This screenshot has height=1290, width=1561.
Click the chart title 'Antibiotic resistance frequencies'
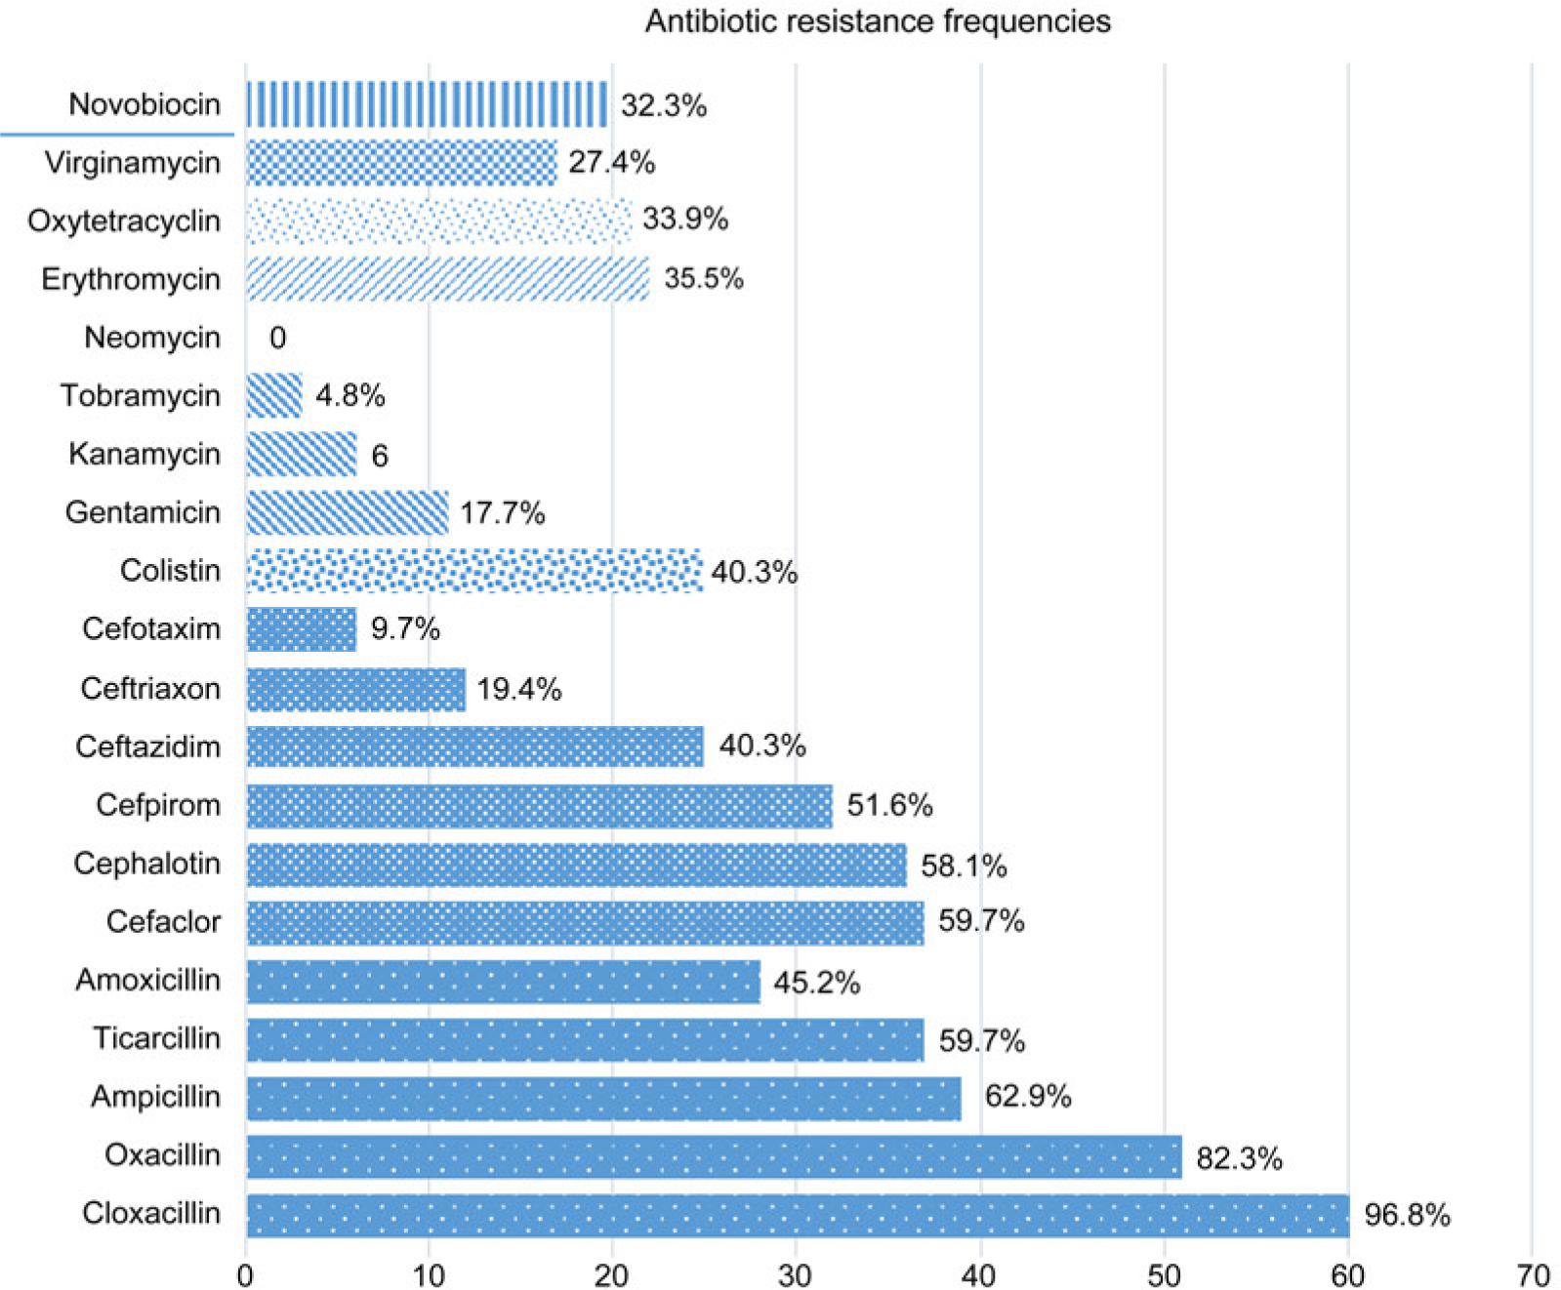(x=877, y=21)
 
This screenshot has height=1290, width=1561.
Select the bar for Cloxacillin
(x=797, y=1215)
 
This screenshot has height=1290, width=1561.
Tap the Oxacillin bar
(x=713, y=1156)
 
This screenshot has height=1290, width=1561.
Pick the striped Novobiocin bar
(x=427, y=104)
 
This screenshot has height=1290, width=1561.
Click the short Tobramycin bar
(x=274, y=395)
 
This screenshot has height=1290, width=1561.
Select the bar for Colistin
(x=473, y=570)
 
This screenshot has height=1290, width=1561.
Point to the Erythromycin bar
(x=447, y=278)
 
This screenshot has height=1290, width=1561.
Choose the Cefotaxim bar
(x=301, y=629)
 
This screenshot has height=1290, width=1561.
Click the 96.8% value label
(x=1407, y=1215)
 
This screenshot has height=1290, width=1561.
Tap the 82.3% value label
(x=1239, y=1158)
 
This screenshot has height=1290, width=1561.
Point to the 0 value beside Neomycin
(x=277, y=338)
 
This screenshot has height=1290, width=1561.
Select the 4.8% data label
(x=349, y=395)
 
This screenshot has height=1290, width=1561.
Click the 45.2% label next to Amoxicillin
(x=816, y=982)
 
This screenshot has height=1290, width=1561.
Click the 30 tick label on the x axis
(x=796, y=1274)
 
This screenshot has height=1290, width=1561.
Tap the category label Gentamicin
(x=143, y=512)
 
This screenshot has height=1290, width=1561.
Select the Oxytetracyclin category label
(x=124, y=221)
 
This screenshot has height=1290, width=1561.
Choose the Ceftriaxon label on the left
(x=150, y=689)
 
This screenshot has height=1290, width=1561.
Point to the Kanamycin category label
(x=144, y=454)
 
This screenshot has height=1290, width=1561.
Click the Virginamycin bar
(x=400, y=162)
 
